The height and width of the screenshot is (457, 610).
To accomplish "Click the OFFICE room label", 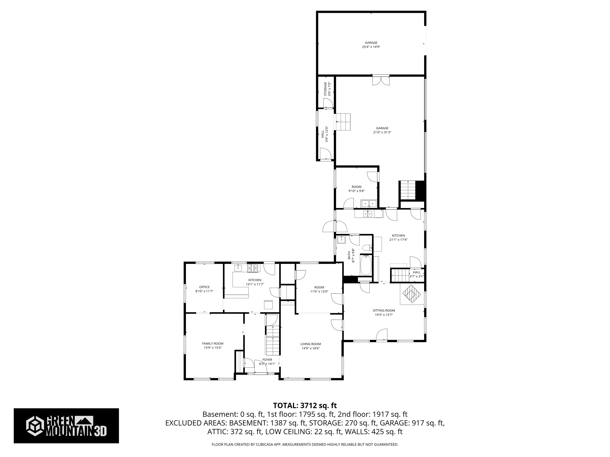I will (204, 287).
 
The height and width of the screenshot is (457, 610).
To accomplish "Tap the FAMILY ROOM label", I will (213, 344).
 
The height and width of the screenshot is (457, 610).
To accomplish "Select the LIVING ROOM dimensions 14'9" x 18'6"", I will (311, 348).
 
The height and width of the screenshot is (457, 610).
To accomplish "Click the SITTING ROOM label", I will (384, 310).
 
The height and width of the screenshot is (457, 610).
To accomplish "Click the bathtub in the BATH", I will (366, 265).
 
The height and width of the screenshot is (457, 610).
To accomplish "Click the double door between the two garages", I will (381, 80).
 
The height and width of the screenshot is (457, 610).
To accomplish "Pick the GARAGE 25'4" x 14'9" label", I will (371, 45).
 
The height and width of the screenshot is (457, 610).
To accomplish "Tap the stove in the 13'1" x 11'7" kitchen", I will (253, 268).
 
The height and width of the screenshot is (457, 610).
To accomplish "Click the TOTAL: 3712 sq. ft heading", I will (305, 405).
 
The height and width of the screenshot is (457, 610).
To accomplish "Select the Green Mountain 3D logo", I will (66, 426).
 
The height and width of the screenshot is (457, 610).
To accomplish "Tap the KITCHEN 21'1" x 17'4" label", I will (398, 237).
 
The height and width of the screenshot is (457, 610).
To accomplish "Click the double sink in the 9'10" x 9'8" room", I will (369, 204).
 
